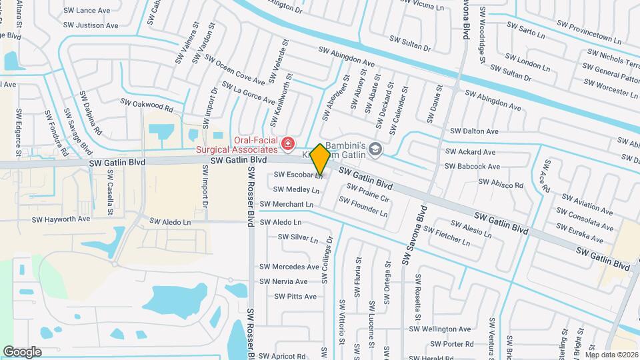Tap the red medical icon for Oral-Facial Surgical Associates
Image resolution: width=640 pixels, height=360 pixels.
pyautogui.click(x=288, y=143)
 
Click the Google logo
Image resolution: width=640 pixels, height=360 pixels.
pyautogui.click(x=22, y=351)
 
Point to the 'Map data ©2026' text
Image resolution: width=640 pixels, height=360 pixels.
pyautogui.click(x=612, y=355)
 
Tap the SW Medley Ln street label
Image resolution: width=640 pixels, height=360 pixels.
pyautogui.click(x=297, y=190)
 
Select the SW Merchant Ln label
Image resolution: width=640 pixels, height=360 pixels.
pyautogui.click(x=287, y=204)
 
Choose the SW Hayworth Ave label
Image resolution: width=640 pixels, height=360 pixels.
pyautogui.click(x=61, y=219)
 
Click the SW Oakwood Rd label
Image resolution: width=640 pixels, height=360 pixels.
pyautogui.click(x=147, y=104)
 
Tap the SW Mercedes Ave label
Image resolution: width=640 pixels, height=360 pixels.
pyautogui.click(x=289, y=267)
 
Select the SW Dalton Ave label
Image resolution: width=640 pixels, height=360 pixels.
pyautogui.click(x=474, y=131)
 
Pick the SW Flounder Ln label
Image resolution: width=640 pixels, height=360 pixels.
pyautogui.click(x=363, y=206)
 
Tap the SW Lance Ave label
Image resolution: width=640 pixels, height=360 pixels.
pyautogui.click(x=87, y=11)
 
